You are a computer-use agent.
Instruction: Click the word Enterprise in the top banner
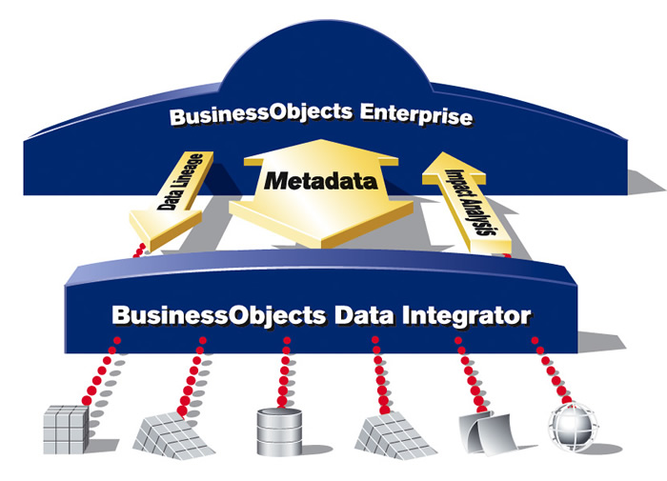[416, 114]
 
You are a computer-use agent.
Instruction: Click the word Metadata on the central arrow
[321, 181]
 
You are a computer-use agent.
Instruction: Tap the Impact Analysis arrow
[468, 202]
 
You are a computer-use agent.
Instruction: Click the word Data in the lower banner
[363, 315]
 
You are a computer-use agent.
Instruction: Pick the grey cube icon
[66, 430]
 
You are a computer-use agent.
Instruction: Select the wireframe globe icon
[573, 427]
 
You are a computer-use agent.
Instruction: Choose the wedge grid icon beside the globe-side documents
[394, 435]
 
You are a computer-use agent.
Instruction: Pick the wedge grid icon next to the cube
[173, 435]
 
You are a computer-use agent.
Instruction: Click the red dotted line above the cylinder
[284, 371]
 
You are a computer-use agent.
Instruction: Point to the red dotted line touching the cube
[101, 371]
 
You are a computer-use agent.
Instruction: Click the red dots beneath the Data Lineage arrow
[139, 251]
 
